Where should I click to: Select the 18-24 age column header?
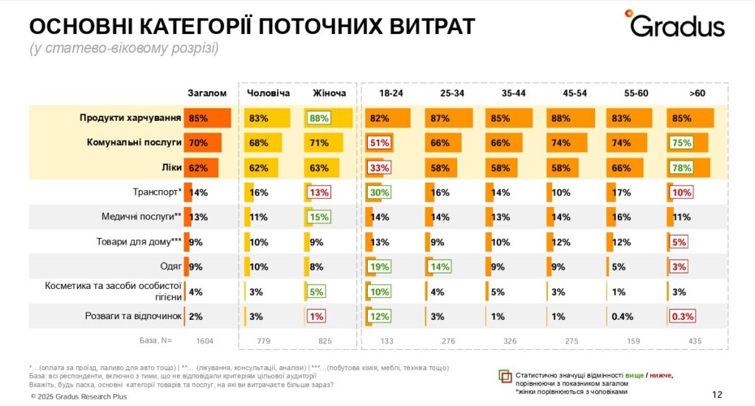point(390,94)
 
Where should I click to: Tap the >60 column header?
point(697,94)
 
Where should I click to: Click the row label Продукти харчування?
point(130,118)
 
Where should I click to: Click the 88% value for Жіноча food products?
point(319,118)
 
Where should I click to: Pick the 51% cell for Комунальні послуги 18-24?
point(380,143)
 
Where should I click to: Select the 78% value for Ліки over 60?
point(682,168)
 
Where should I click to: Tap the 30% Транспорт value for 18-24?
point(380,193)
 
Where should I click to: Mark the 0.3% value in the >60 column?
point(682,317)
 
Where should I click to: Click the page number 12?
point(718,393)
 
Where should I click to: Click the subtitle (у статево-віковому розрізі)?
point(124,49)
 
